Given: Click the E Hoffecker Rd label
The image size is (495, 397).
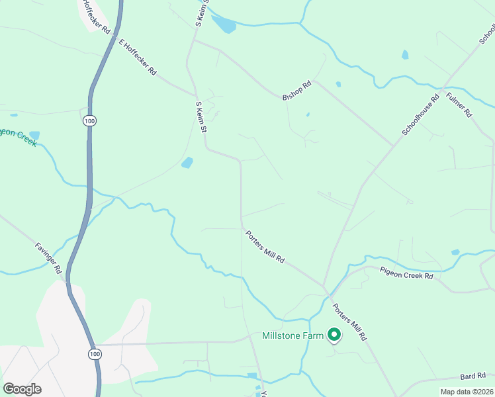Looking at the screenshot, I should pyautogui.click(x=137, y=56).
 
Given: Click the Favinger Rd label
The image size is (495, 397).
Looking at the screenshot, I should pyautogui.click(x=48, y=258).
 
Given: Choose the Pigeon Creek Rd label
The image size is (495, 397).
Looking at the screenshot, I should pyautogui.click(x=406, y=273).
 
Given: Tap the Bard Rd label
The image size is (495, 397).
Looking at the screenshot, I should pyautogui.click(x=474, y=376).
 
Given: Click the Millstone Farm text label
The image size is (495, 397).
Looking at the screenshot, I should pyautogui.click(x=292, y=335).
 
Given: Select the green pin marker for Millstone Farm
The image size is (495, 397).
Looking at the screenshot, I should pyautogui.click(x=334, y=335).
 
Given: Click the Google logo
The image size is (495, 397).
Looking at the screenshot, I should pyautogui.click(x=22, y=388).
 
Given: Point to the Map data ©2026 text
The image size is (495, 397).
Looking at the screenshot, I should pyautogui.click(x=467, y=392).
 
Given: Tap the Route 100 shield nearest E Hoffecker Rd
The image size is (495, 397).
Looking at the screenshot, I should pyautogui.click(x=90, y=120).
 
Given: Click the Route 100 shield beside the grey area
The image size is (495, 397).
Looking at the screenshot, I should pyautogui.click(x=94, y=355).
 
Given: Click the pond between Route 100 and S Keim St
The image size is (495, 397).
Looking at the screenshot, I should pyautogui.click(x=187, y=163).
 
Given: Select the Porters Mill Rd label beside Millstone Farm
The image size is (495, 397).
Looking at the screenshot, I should pyautogui.click(x=349, y=322).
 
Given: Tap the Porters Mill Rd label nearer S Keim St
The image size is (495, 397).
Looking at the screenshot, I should pyautogui.click(x=265, y=247).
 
